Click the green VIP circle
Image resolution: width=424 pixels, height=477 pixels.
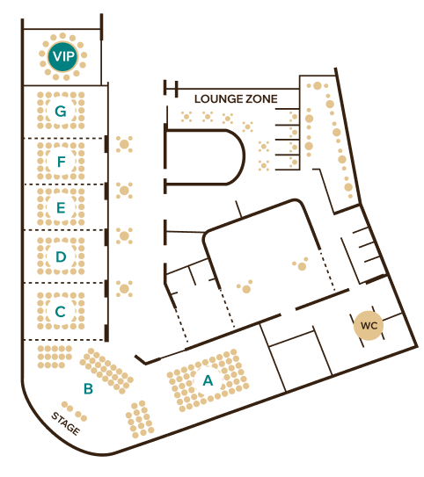62,56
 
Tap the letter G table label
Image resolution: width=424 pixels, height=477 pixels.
61,111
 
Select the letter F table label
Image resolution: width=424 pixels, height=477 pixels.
62,162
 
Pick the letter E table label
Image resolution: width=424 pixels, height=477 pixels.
61,207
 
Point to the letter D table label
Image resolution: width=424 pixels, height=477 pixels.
61,257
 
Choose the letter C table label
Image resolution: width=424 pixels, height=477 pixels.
61,312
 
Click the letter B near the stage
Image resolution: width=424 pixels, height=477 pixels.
88,388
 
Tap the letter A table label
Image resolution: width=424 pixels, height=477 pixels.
208,380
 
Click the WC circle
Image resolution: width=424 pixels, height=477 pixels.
369,326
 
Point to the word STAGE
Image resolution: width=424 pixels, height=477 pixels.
66,423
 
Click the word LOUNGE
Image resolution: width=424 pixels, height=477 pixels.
217,99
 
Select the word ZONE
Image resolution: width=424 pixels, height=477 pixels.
261,99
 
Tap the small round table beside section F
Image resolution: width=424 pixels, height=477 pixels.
124,144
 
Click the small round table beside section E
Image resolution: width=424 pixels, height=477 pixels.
124,191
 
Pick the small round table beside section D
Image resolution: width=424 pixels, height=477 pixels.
124,235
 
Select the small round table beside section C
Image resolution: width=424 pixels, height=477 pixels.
124,289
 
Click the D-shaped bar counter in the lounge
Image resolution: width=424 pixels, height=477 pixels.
244,157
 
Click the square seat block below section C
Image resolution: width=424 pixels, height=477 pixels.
55,357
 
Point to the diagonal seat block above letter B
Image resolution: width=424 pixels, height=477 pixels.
106,371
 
